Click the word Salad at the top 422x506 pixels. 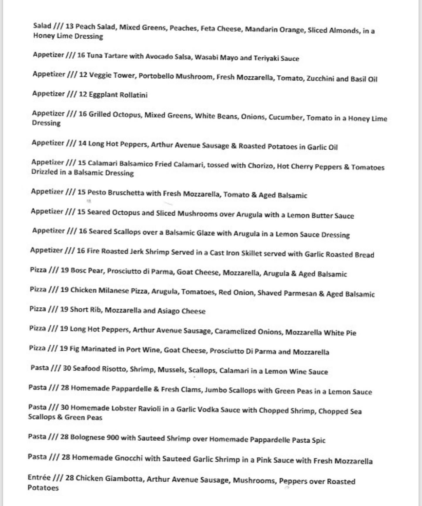point(42,26)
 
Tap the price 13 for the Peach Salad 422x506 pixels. point(69,26)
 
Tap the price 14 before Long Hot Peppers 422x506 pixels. point(82,144)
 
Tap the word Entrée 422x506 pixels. point(39,477)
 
